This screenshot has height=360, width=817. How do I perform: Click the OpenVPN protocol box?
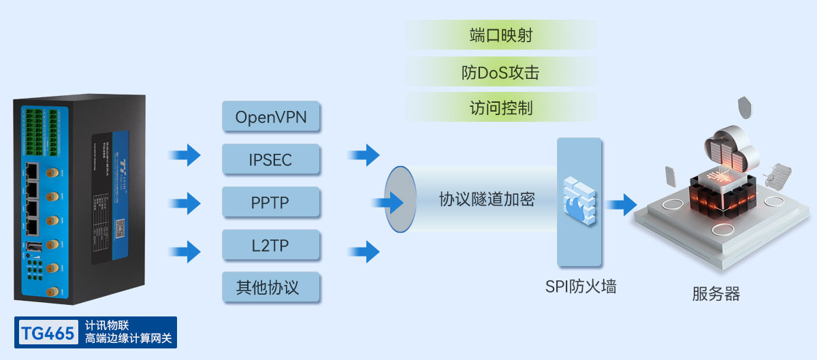[271, 117]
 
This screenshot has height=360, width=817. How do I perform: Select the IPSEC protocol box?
[271, 160]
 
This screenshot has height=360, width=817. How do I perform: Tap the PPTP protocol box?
[271, 203]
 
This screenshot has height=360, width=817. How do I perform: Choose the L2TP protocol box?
[271, 246]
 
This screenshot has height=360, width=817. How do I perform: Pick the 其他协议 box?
[271, 287]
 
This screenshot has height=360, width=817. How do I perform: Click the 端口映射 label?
[500, 35]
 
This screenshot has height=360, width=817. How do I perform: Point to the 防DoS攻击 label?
[500, 72]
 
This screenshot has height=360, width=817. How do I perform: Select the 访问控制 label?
[500, 108]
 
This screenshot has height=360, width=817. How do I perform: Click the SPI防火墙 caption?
[580, 287]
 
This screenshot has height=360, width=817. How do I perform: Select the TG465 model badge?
[47, 333]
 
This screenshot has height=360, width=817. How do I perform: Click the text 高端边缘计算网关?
[129, 338]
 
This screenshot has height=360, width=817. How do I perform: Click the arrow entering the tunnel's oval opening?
[387, 202]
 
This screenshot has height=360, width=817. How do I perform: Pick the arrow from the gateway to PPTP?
[185, 203]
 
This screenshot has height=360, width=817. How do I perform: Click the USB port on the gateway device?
[32, 246]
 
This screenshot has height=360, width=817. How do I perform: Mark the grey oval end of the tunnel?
[400, 199]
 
